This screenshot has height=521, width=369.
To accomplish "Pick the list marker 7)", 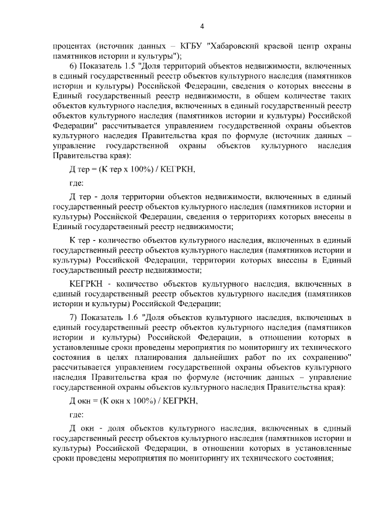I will [x=73, y=317].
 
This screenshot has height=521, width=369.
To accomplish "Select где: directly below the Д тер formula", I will [x=76, y=184].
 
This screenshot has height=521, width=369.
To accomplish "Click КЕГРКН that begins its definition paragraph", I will [x=85, y=284].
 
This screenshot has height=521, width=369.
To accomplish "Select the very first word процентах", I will [x=71, y=47].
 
